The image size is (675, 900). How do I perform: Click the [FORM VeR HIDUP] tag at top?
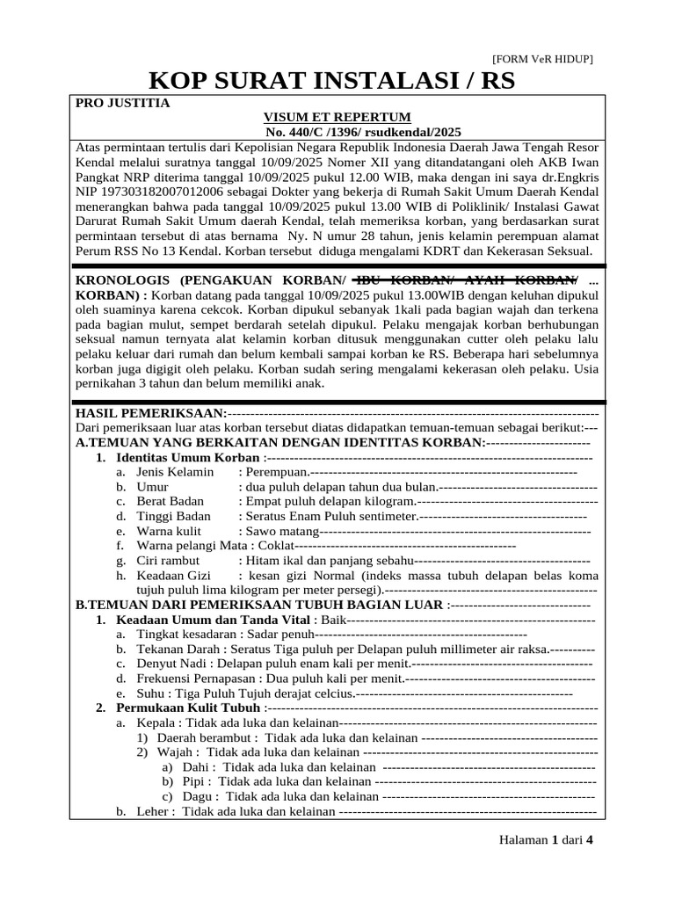point(542,59)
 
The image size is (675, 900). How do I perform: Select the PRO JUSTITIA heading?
point(123,103)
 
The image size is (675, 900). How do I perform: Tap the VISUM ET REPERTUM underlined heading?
point(337,117)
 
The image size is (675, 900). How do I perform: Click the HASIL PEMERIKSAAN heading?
point(150,412)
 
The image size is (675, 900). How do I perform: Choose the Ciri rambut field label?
point(168,561)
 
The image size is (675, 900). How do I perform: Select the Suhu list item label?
point(149,693)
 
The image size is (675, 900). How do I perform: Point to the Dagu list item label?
point(199,796)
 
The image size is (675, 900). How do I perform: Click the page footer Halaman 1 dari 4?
point(546,839)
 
